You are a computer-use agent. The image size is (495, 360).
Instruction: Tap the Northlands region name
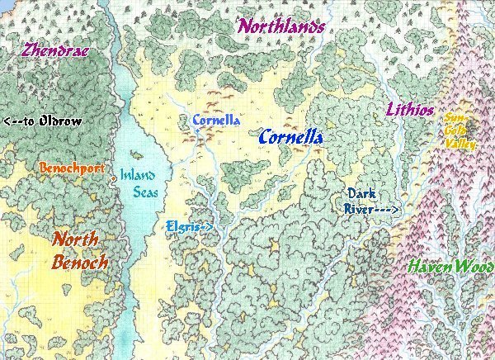281,26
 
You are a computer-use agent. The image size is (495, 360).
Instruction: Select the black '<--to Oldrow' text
43,121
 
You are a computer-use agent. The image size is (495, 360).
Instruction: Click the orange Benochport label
71,168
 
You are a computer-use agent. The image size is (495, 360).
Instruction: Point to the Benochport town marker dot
110,174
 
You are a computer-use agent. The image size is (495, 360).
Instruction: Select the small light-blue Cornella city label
216,121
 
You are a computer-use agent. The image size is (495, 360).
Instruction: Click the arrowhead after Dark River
396,211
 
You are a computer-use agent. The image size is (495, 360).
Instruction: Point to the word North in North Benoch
76,239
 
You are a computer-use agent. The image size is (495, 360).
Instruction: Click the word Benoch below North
79,263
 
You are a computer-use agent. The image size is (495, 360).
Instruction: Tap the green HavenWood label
450,268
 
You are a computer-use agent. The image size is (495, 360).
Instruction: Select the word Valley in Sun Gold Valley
460,144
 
